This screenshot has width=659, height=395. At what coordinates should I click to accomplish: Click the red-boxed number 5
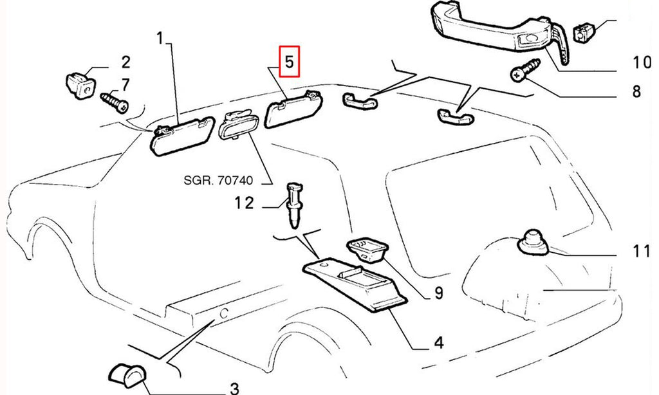click(x=290, y=61)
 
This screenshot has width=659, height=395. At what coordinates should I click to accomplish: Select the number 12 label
click(x=244, y=203)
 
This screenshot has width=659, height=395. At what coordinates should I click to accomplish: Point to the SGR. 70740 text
click(x=218, y=180)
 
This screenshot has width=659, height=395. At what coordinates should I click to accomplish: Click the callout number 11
click(x=642, y=252)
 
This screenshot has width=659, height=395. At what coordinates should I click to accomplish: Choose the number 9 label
click(x=438, y=293)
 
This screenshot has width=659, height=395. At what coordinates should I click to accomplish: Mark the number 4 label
click(x=438, y=342)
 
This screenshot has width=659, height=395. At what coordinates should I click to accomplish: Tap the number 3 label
click(x=234, y=389)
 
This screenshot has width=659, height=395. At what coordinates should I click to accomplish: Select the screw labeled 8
click(x=525, y=69)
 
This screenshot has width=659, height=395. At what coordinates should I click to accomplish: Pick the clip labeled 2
click(x=80, y=86)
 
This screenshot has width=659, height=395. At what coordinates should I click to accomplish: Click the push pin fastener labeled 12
click(x=295, y=205)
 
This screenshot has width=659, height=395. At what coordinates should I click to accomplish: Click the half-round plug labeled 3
click(x=127, y=375)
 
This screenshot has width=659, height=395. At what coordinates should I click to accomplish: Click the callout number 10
click(x=642, y=62)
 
